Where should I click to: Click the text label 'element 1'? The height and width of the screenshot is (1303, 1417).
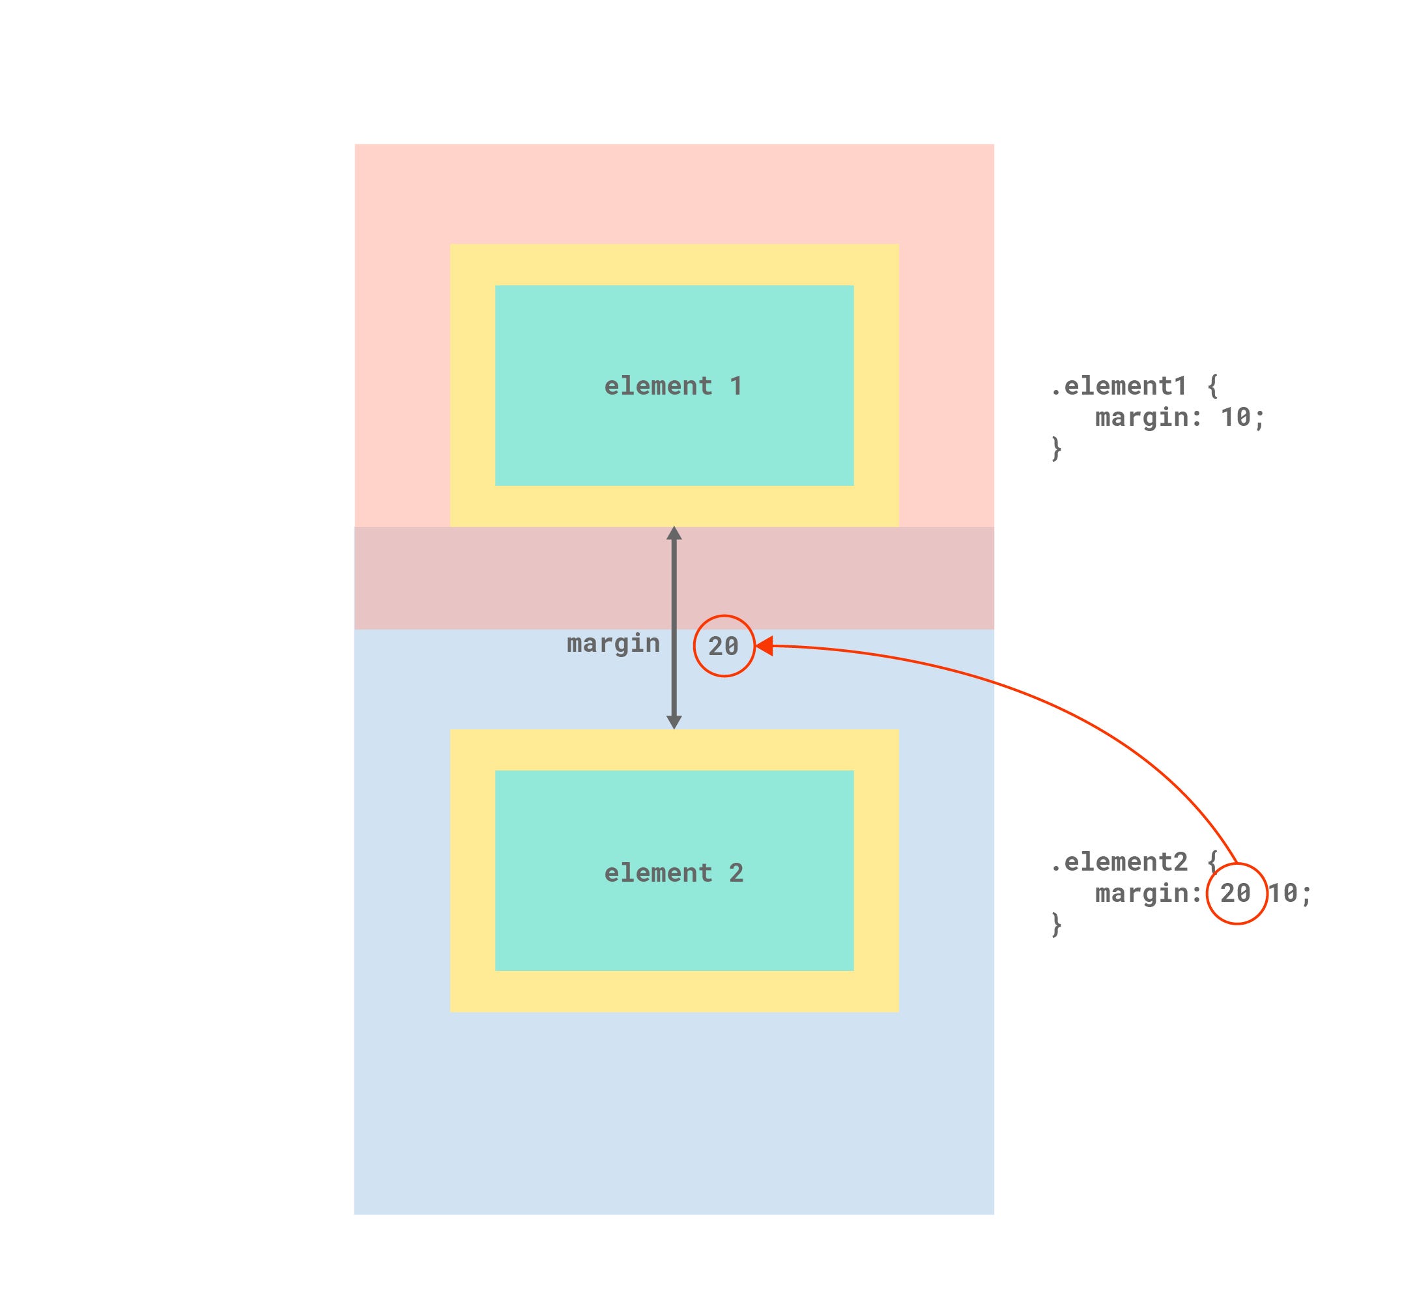click(674, 385)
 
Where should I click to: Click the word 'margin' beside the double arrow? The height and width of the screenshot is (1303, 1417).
click(614, 644)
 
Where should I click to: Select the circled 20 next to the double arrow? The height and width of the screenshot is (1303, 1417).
click(724, 646)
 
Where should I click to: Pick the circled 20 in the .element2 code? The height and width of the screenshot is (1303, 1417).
click(1237, 893)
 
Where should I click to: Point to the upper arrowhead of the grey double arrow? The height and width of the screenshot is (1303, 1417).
click(674, 533)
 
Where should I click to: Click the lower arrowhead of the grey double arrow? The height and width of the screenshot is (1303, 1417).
click(674, 722)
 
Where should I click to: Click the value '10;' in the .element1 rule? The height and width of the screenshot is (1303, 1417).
click(1243, 417)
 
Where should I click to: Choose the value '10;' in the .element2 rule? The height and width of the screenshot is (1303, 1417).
click(1290, 893)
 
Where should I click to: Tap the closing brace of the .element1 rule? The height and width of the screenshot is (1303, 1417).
click(1057, 449)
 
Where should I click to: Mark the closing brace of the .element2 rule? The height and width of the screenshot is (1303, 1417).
click(1057, 925)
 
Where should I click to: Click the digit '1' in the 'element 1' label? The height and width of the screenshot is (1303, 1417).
click(736, 385)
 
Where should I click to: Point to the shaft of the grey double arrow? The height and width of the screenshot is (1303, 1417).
click(674, 628)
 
